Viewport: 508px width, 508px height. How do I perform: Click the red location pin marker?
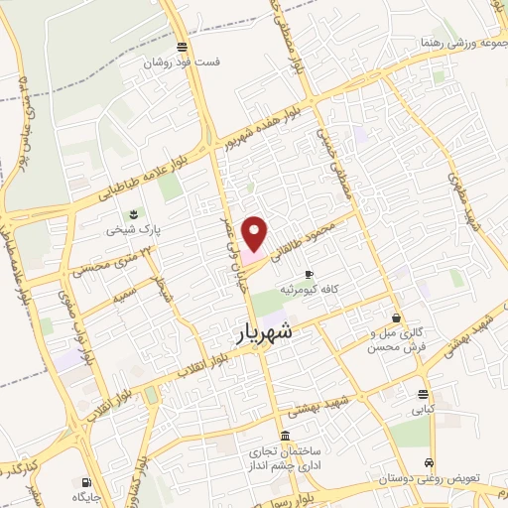click(x=256, y=233)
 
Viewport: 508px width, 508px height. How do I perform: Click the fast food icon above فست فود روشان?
click(x=181, y=46)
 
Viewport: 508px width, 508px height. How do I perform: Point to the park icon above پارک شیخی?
click(x=132, y=213)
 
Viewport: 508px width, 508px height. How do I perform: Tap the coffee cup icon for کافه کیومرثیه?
click(x=309, y=274)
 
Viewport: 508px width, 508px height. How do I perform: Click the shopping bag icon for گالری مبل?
click(x=397, y=318)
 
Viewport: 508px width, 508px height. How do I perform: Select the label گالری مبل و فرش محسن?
click(x=396, y=340)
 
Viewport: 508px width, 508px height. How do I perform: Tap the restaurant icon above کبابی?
click(x=423, y=392)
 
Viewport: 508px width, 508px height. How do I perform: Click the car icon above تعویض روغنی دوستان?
click(x=428, y=462)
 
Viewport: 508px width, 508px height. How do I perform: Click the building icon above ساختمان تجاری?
click(x=285, y=437)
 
